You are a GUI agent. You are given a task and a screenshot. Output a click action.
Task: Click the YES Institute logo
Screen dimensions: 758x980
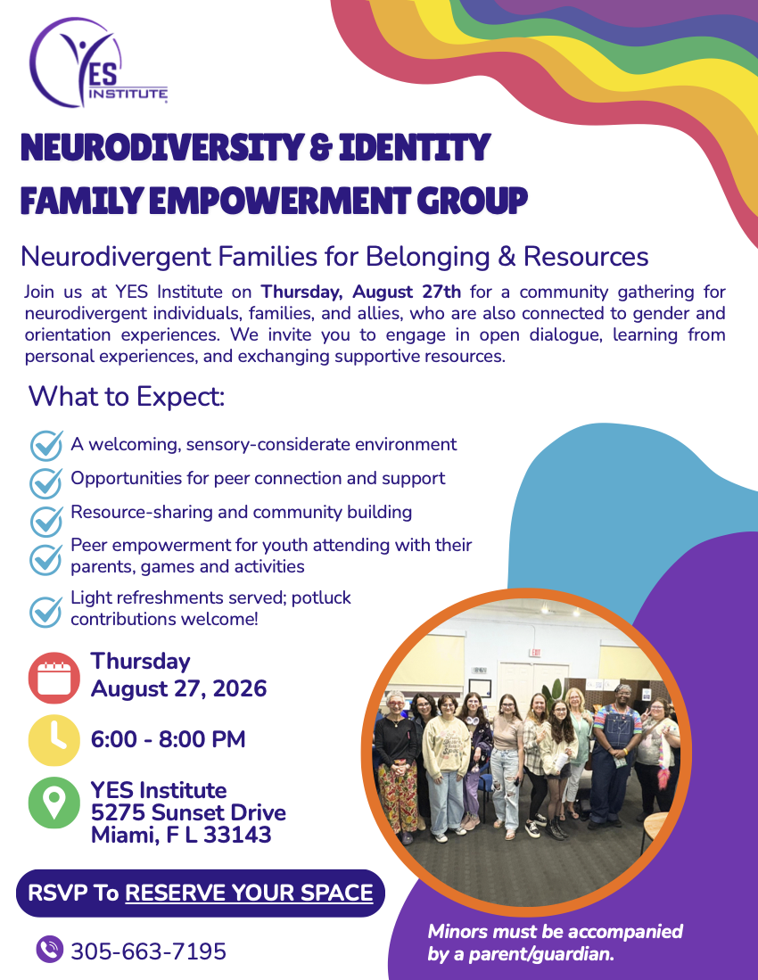point(98,62)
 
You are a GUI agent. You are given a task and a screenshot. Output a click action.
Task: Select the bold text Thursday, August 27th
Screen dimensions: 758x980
point(360,292)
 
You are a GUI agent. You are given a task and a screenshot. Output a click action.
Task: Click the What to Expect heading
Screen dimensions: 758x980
point(127,396)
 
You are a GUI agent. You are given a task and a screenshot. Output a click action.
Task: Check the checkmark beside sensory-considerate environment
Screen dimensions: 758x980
point(46,446)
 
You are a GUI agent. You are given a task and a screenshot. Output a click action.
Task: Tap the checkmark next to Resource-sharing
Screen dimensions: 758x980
point(46,521)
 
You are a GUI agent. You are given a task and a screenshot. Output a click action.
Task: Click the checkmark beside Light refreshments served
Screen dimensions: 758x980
point(46,612)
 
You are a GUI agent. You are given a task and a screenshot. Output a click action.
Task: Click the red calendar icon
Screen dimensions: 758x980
point(54,678)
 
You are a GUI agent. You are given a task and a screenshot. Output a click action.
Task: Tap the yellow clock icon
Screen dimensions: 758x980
point(54,740)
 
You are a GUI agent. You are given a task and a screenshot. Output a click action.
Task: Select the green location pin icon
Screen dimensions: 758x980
point(54,803)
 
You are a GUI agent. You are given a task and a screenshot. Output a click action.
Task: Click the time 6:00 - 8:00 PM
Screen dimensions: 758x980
point(168,739)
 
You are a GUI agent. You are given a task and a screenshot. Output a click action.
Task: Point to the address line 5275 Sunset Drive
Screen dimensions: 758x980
point(188,812)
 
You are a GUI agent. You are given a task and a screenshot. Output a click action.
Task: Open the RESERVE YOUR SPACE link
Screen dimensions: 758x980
point(250,893)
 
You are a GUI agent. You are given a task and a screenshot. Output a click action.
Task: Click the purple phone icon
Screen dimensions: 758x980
point(49,950)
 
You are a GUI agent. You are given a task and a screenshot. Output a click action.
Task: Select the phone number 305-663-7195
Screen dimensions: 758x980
point(149,951)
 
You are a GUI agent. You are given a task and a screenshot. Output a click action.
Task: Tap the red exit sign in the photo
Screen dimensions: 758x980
point(535,653)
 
